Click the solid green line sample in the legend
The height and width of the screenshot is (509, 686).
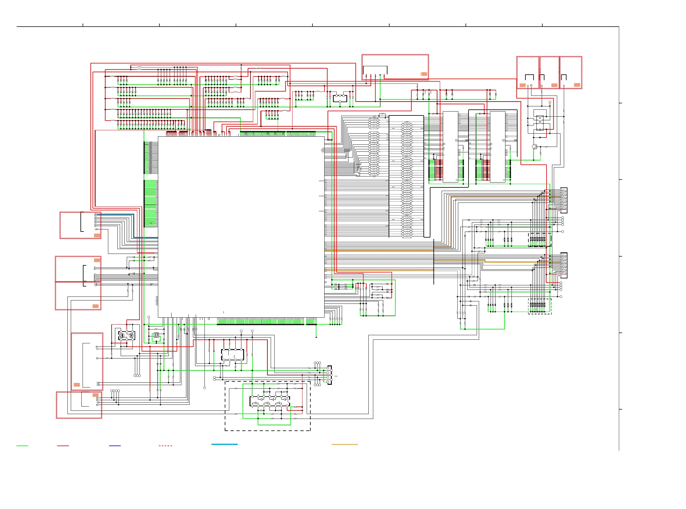pyautogui.click(x=22, y=446)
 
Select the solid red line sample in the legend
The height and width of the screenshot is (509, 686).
pyautogui.click(x=63, y=446)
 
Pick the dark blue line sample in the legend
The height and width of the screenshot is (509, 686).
pyautogui.click(x=115, y=446)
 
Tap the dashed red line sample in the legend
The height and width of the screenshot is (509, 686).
pyautogui.click(x=165, y=446)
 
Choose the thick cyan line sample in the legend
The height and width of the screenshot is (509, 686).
pyautogui.click(x=224, y=444)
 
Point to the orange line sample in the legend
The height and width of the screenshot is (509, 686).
pyautogui.click(x=345, y=444)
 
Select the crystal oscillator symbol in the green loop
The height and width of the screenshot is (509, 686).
pyautogui.click(x=156, y=335)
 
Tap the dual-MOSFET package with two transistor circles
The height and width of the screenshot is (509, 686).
pyautogui.click(x=127, y=335)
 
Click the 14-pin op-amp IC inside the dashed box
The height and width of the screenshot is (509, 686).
pyautogui.click(x=269, y=401)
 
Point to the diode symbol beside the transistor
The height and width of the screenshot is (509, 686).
pyautogui.click(x=540, y=138)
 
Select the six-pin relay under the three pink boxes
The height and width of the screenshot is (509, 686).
pyautogui.click(x=540, y=123)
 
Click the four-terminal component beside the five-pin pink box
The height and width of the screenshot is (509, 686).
pyautogui.click(x=340, y=98)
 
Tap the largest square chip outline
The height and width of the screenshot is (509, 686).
pyautogui.click(x=241, y=227)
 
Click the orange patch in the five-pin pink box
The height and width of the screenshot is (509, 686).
pyautogui.click(x=424, y=74)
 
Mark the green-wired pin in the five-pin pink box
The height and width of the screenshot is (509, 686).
pyautogui.click(x=380, y=75)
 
